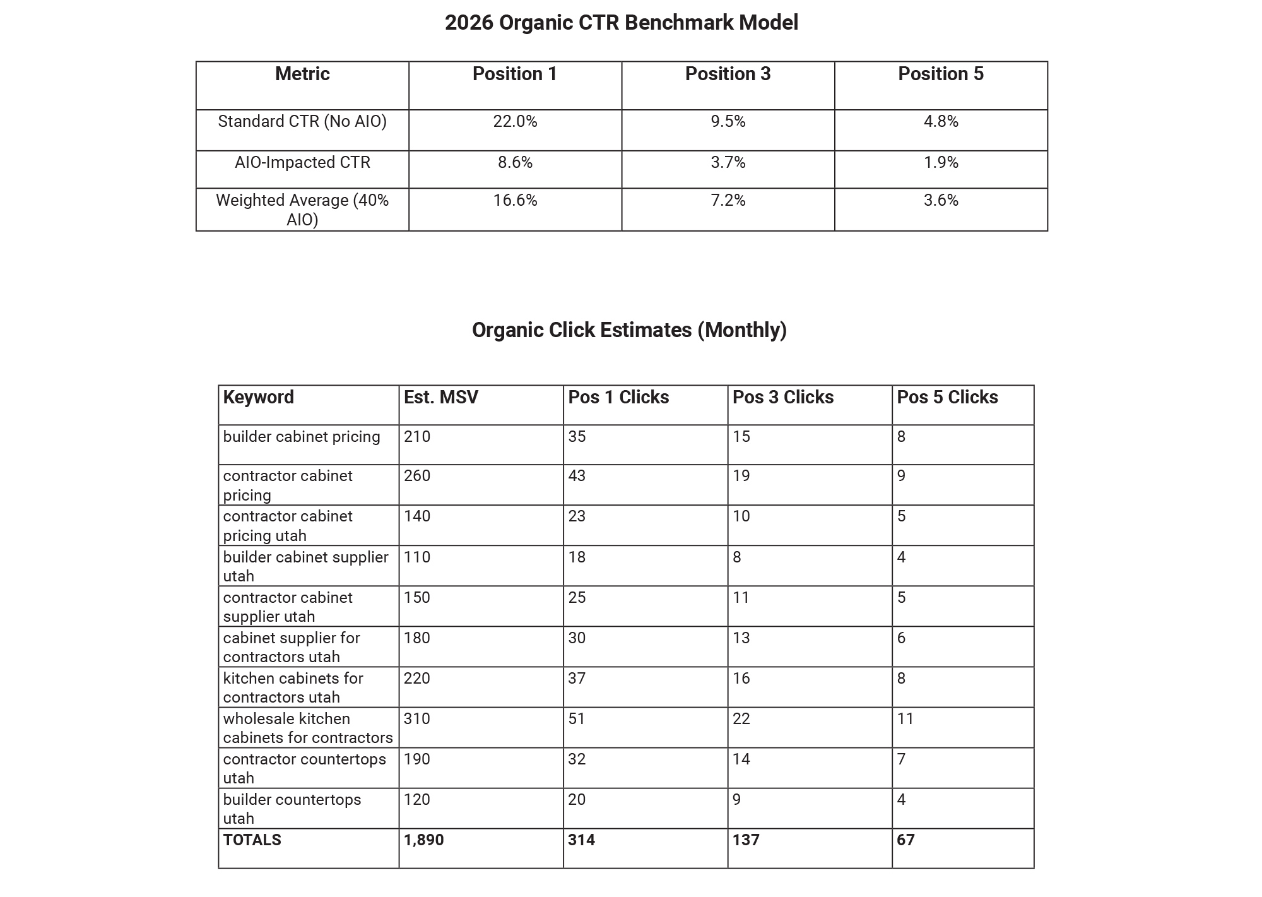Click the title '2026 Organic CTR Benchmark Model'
click(621, 23)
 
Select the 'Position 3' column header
click(728, 74)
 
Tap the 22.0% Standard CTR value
click(515, 122)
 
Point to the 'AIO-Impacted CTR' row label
click(302, 163)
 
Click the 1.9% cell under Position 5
click(940, 163)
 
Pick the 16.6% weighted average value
click(515, 201)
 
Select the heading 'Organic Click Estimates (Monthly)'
click(629, 330)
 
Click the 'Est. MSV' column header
click(441, 398)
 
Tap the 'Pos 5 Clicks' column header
click(947, 398)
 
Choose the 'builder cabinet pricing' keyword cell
click(302, 437)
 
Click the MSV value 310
click(417, 719)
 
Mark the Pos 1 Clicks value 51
click(577, 719)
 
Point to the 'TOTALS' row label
click(252, 840)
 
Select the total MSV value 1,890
click(423, 840)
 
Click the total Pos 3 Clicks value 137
click(746, 840)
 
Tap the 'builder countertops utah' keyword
click(292, 809)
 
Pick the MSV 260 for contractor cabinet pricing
click(417, 476)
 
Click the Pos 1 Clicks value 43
click(577, 476)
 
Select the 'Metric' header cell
click(302, 74)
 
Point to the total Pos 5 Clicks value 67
click(905, 840)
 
